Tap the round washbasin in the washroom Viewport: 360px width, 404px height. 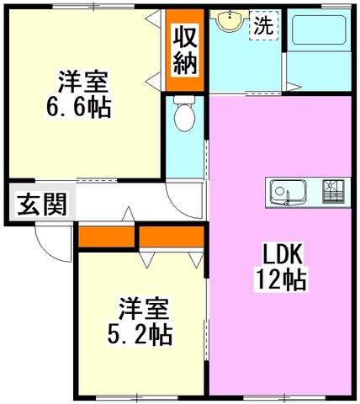click(x=230, y=19)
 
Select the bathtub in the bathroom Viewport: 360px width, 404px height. click(x=319, y=29)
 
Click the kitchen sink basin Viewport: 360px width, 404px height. click(x=288, y=192)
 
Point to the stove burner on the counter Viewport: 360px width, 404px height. click(x=333, y=191)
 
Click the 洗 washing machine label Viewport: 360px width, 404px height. click(x=263, y=25)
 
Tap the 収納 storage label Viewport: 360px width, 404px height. click(x=184, y=49)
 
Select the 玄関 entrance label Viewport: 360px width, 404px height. click(x=42, y=204)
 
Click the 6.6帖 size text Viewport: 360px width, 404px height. click(x=79, y=108)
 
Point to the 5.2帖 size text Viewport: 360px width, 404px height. click(x=140, y=335)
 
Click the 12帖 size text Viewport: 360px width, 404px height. click(x=281, y=279)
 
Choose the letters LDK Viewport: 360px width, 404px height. click(x=283, y=254)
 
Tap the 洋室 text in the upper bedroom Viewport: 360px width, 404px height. click(x=83, y=82)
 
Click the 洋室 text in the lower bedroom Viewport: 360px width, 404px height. click(x=144, y=309)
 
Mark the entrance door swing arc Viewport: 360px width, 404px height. click(x=47, y=252)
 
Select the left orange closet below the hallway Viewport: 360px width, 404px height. click(x=106, y=237)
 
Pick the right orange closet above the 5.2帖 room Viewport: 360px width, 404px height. click(x=172, y=237)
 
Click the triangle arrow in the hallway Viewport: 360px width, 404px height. click(x=129, y=214)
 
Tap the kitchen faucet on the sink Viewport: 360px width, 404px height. click(x=287, y=199)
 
